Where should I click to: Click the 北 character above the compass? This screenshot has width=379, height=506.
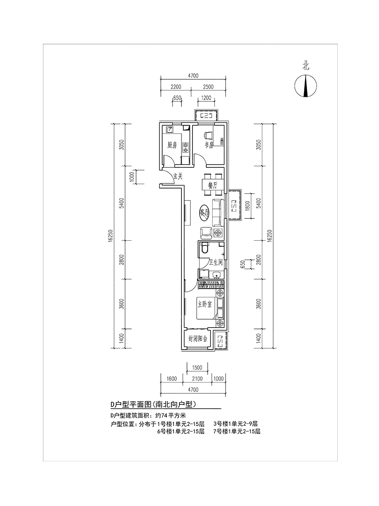coord(306,66)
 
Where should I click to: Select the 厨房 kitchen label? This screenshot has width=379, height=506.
coord(172,145)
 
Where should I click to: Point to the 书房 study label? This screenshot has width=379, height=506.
coord(209,145)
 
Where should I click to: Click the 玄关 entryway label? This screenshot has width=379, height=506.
coord(178,176)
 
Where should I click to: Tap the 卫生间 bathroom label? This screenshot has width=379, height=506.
coord(215,262)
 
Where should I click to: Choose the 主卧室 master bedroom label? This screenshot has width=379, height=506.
coord(205,304)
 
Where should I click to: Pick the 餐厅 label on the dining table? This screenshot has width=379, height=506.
coord(212,186)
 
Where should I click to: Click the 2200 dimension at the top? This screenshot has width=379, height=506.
coord(176,87)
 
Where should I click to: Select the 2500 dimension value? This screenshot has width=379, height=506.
coord(208,87)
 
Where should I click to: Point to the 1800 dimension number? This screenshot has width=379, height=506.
coord(247,206)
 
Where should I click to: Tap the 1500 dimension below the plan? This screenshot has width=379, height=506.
coord(197,367)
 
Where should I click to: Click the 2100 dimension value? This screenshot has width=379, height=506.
coord(198,379)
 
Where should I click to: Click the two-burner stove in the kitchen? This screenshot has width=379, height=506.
coord(185,148)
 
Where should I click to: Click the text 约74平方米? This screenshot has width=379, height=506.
coord(170,415)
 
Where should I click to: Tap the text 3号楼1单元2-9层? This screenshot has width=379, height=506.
coord(236,424)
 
